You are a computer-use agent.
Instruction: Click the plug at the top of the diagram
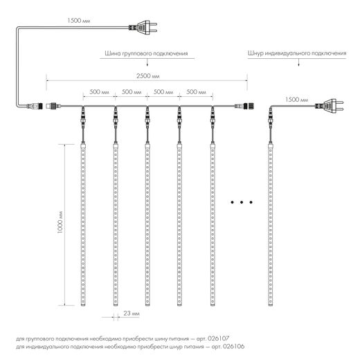pyautogui.click(x=143, y=27)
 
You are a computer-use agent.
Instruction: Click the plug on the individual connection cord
pyautogui.click(x=330, y=106)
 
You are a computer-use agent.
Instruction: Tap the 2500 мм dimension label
pyautogui.click(x=148, y=76)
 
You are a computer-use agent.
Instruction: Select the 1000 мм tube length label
pyautogui.click(x=60, y=222)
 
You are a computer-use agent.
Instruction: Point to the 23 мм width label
pyautogui.click(x=132, y=313)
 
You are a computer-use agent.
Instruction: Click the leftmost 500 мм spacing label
pyautogui.click(x=99, y=92)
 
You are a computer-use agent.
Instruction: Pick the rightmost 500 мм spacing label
pyautogui.click(x=196, y=92)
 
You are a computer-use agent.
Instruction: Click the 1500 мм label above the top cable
pyautogui.click(x=79, y=21)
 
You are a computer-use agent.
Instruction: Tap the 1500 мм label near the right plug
pyautogui.click(x=296, y=100)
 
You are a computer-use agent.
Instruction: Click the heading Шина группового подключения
pyautogui.click(x=146, y=53)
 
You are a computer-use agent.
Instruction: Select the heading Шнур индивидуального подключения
pyautogui.click(x=297, y=53)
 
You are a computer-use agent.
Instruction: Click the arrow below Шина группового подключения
pyautogui.click(x=147, y=62)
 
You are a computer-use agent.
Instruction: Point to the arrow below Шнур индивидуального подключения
pyautogui.click(x=299, y=62)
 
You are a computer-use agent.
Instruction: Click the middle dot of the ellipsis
pyautogui.click(x=242, y=202)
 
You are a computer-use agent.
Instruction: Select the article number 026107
pyautogui.click(x=218, y=339)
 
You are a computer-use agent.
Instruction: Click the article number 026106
pyautogui.click(x=233, y=346)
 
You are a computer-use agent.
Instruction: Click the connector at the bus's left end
pyautogui.click(x=53, y=106)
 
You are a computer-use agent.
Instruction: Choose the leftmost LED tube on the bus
pyautogui.click(x=83, y=224)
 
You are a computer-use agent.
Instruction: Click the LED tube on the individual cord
pyautogui.click(x=271, y=224)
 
